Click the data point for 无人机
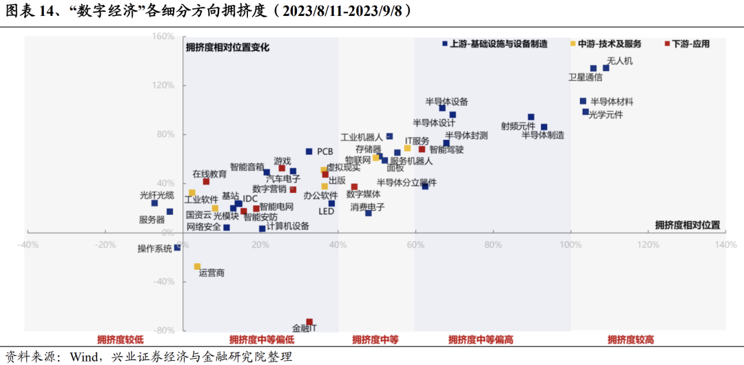point(606,67)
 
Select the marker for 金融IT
point(309,322)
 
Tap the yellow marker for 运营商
point(197,267)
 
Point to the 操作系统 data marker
point(177,248)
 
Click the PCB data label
point(325,152)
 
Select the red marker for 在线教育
point(206,182)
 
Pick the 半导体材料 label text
point(612,101)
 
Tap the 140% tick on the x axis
point(725,244)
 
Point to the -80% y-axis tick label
point(165,331)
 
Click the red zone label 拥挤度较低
point(121,340)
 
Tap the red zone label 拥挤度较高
point(630,340)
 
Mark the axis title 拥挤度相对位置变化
point(227,48)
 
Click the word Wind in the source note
point(81,357)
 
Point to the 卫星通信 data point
point(593,69)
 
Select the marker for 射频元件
point(531,117)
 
